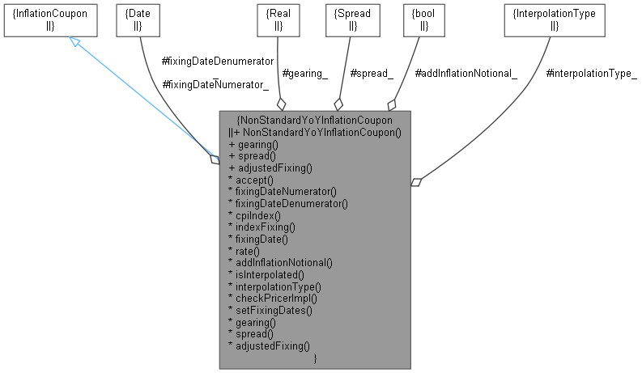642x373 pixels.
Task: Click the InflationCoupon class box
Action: coord(51,19)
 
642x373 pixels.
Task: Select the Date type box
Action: coord(137,19)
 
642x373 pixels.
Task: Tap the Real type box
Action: coord(278,19)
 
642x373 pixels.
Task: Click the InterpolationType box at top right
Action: coord(554,19)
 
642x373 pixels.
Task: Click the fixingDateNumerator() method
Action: coord(283,192)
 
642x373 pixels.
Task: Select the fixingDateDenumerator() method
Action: coord(288,203)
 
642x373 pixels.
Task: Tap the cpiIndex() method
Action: coord(258,215)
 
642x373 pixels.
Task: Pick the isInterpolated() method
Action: coord(270,274)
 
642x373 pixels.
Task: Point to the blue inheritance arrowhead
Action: coord(74,41)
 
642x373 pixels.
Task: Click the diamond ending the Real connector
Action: coord(281,104)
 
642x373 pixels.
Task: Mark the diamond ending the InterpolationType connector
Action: coord(416,182)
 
